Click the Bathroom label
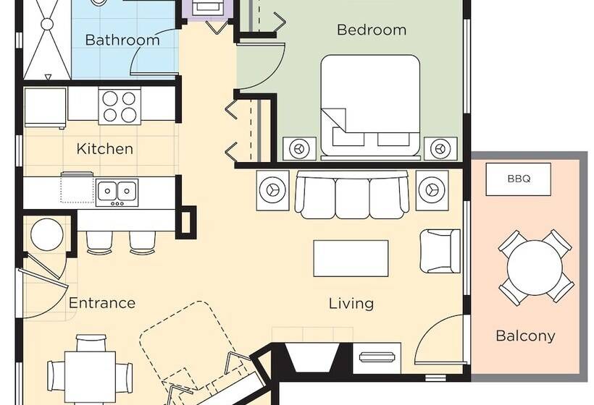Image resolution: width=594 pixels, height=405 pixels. tap(122, 40)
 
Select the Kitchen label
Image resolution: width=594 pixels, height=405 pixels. tap(105, 149)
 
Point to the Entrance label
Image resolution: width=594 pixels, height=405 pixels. tap(102, 302)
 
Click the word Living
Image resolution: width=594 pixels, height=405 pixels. tap(351, 303)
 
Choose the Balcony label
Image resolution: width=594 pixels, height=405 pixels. tap(525, 336)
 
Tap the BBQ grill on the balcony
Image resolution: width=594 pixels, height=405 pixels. tap(518, 178)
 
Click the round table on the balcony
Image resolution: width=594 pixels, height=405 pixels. tap(535, 267)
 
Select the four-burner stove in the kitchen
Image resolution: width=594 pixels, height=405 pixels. tap(120, 106)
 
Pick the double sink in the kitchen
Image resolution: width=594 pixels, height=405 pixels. tap(117, 190)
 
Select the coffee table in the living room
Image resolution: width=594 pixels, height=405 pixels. tap(351, 258)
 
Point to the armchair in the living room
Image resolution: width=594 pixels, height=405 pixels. tap(439, 250)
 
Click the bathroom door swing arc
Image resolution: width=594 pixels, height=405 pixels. tap(154, 55)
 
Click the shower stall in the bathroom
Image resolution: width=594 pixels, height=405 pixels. tap(47, 40)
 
